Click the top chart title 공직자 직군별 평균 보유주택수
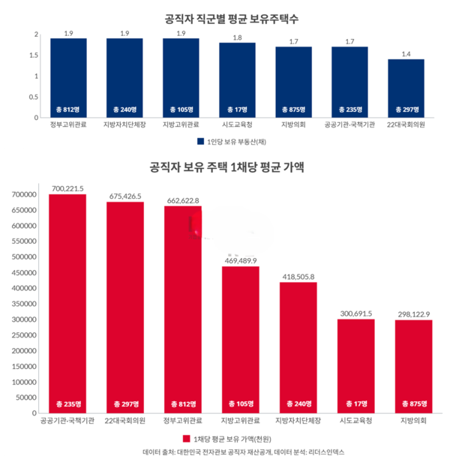pyautogui.click(x=224, y=17)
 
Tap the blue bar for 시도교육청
pyautogui.click(x=237, y=79)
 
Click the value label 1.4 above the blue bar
pyautogui.click(x=406, y=54)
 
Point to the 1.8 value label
pyautogui.click(x=237, y=37)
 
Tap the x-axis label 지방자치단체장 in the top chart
pyautogui.click(x=124, y=124)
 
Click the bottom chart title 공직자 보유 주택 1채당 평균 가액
pyautogui.click(x=224, y=167)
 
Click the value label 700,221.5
pyautogui.click(x=67, y=188)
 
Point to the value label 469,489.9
pyautogui.click(x=240, y=260)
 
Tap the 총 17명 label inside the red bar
pyautogui.click(x=355, y=403)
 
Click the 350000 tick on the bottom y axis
pyautogui.click(x=25, y=304)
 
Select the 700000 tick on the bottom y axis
pyautogui.click(x=25, y=195)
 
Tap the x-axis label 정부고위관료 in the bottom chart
pyautogui.click(x=182, y=421)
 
